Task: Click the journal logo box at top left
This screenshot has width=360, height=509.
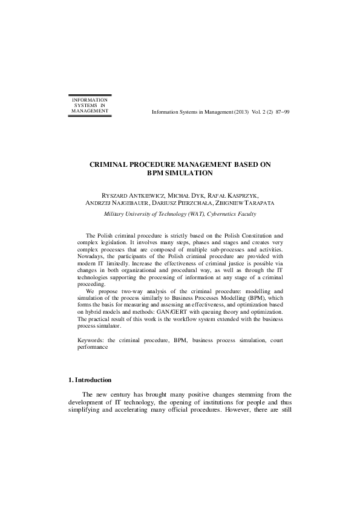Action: pyautogui.click(x=90, y=105)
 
